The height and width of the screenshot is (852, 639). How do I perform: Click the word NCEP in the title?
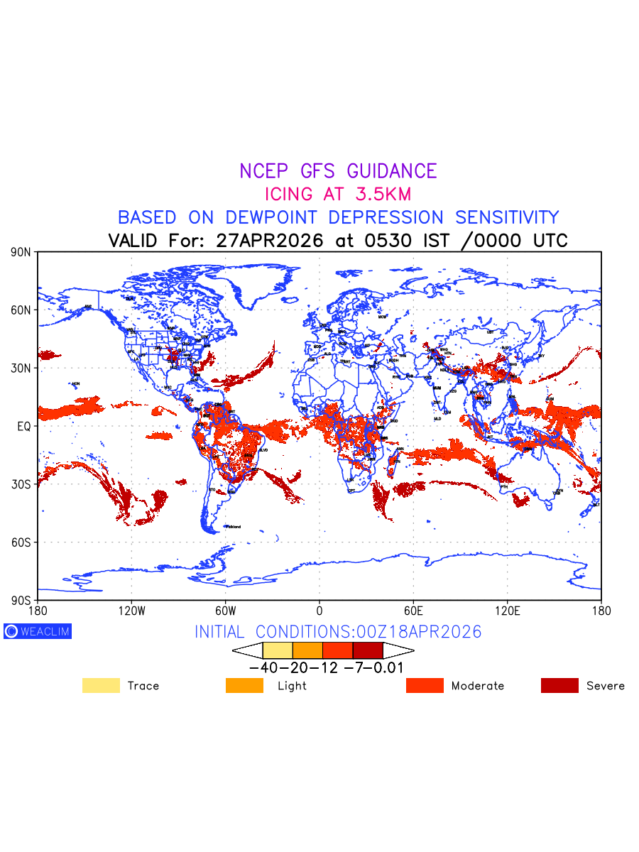(261, 171)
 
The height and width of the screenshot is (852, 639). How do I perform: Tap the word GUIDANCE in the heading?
(392, 171)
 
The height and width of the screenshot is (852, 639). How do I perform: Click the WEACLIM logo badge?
(38, 631)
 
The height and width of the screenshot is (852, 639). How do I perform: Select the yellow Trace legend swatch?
(101, 686)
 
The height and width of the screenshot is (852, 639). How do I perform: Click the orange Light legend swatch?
(244, 686)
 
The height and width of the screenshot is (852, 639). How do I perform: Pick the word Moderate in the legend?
(478, 686)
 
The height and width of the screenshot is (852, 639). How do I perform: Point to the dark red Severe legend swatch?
(559, 686)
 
